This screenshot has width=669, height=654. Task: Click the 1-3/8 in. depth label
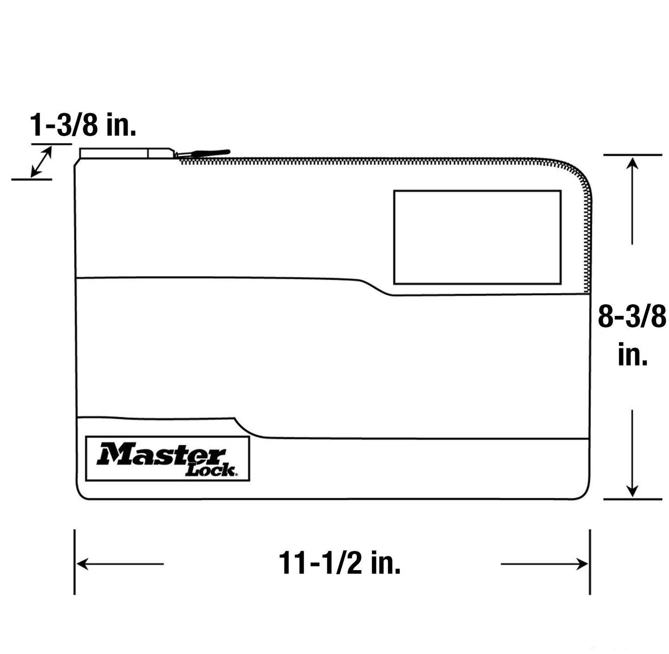click(x=83, y=125)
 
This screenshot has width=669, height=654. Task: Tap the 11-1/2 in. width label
click(x=339, y=563)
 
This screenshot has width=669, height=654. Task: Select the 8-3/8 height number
click(x=631, y=317)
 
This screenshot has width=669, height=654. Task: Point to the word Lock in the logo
click(x=211, y=470)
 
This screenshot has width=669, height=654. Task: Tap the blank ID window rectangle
click(x=477, y=237)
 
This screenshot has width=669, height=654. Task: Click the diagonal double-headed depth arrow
click(x=41, y=162)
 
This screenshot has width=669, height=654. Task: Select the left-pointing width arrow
click(x=120, y=564)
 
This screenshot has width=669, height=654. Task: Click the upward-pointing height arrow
click(x=632, y=199)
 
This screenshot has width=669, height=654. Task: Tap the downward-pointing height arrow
click(x=632, y=454)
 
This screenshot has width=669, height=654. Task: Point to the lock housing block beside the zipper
click(x=126, y=153)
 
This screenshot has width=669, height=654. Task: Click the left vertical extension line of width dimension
click(x=75, y=562)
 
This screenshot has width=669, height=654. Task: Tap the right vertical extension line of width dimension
click(x=589, y=562)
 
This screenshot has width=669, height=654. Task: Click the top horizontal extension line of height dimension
click(x=632, y=155)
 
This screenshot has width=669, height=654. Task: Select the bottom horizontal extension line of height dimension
click(x=632, y=499)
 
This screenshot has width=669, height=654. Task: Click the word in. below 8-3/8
click(x=632, y=356)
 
